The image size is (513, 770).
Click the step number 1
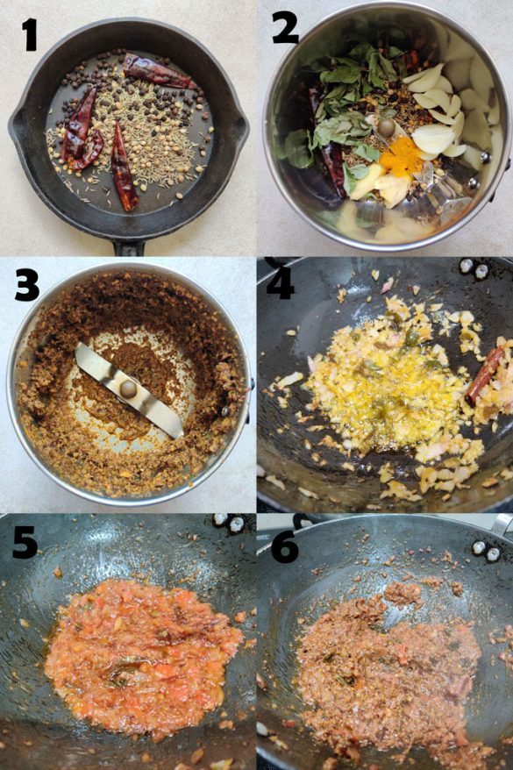pyautogui.click(x=30, y=34)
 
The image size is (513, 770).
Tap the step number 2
pyautogui.click(x=285, y=27)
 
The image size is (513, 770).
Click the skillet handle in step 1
pyautogui.click(x=129, y=248)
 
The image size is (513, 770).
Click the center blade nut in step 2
pyautogui.click(x=385, y=128)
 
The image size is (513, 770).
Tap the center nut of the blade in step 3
pyautogui.click(x=129, y=389)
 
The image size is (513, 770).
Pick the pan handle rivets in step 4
pyautogui.click(x=474, y=267)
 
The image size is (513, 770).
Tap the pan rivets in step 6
pyautogui.click(x=486, y=551)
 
